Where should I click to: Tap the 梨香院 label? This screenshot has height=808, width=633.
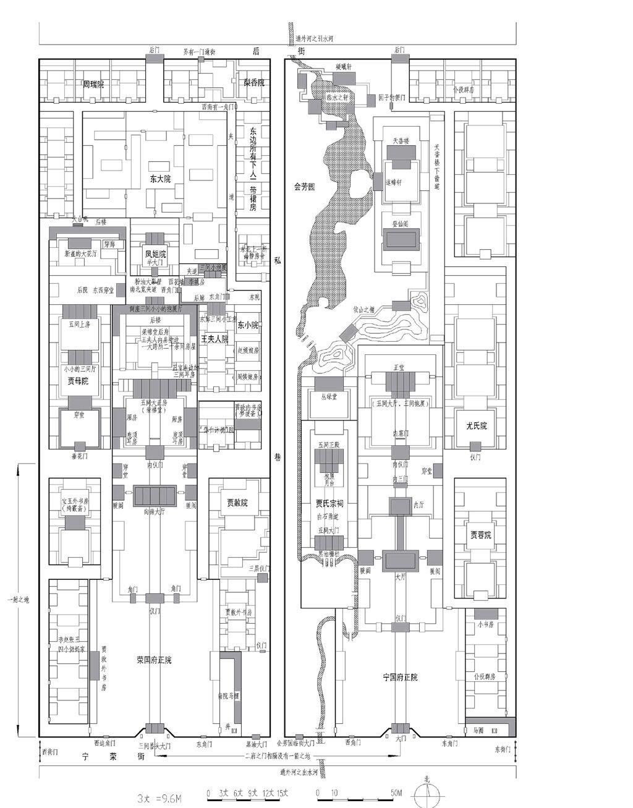pos(254,82)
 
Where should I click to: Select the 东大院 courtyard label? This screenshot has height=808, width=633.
pos(160,179)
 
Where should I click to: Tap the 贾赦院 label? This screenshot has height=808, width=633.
pos(236,503)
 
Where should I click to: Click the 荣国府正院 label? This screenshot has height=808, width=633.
pos(154,660)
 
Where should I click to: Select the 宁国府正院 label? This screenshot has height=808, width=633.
pos(400,677)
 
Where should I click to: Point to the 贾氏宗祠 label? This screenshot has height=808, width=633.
pos(328,502)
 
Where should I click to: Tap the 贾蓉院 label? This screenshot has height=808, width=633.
pos(480,535)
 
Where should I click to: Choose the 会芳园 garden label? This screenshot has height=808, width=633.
pos(304,187)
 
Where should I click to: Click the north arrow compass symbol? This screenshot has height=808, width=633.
pos(427,793)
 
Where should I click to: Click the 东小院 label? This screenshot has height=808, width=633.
pos(248,325)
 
